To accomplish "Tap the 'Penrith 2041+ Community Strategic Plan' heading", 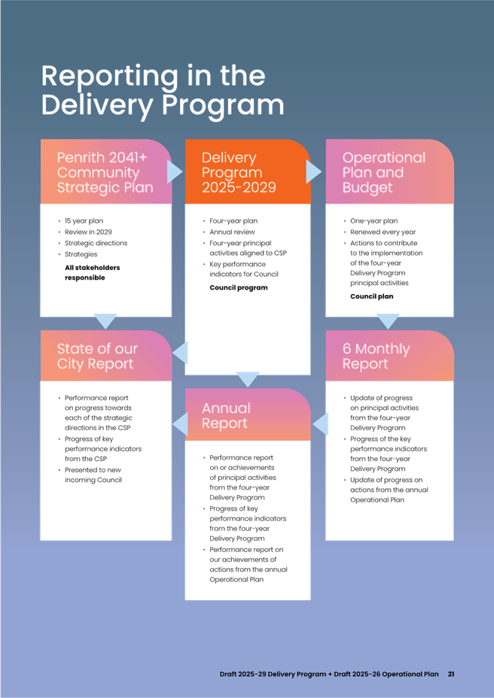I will (x=105, y=172).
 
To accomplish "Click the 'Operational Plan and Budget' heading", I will (x=383, y=172).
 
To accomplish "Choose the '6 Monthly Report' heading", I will (x=376, y=356).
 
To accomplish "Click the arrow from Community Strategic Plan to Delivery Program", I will (x=175, y=171).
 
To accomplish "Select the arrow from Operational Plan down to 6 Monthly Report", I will (x=388, y=320).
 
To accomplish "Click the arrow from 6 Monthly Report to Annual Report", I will (x=320, y=423).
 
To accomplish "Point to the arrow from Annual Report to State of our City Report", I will (x=180, y=423).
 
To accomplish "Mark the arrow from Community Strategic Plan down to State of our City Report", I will (x=105, y=320).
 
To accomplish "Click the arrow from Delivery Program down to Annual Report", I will (x=248, y=378).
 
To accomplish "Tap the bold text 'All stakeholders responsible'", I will (x=93, y=273).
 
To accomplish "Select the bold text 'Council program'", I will (x=237, y=288).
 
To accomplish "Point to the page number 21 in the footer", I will (x=451, y=674).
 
